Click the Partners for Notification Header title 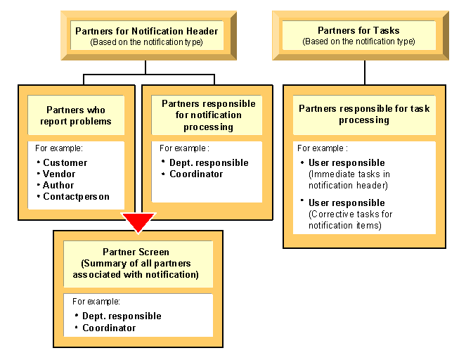tap(146, 31)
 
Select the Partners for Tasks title tap(358, 31)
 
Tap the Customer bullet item tap(65, 163)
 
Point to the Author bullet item tap(59, 186)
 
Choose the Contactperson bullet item tap(77, 197)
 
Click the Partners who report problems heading tap(75, 115)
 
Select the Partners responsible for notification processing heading tap(208, 115)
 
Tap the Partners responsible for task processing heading tap(364, 114)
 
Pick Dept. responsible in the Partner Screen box tap(122, 316)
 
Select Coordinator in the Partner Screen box tap(109, 328)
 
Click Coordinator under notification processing tap(196, 174)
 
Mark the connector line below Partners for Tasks tap(364, 72)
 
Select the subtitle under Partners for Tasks tap(358, 41)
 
